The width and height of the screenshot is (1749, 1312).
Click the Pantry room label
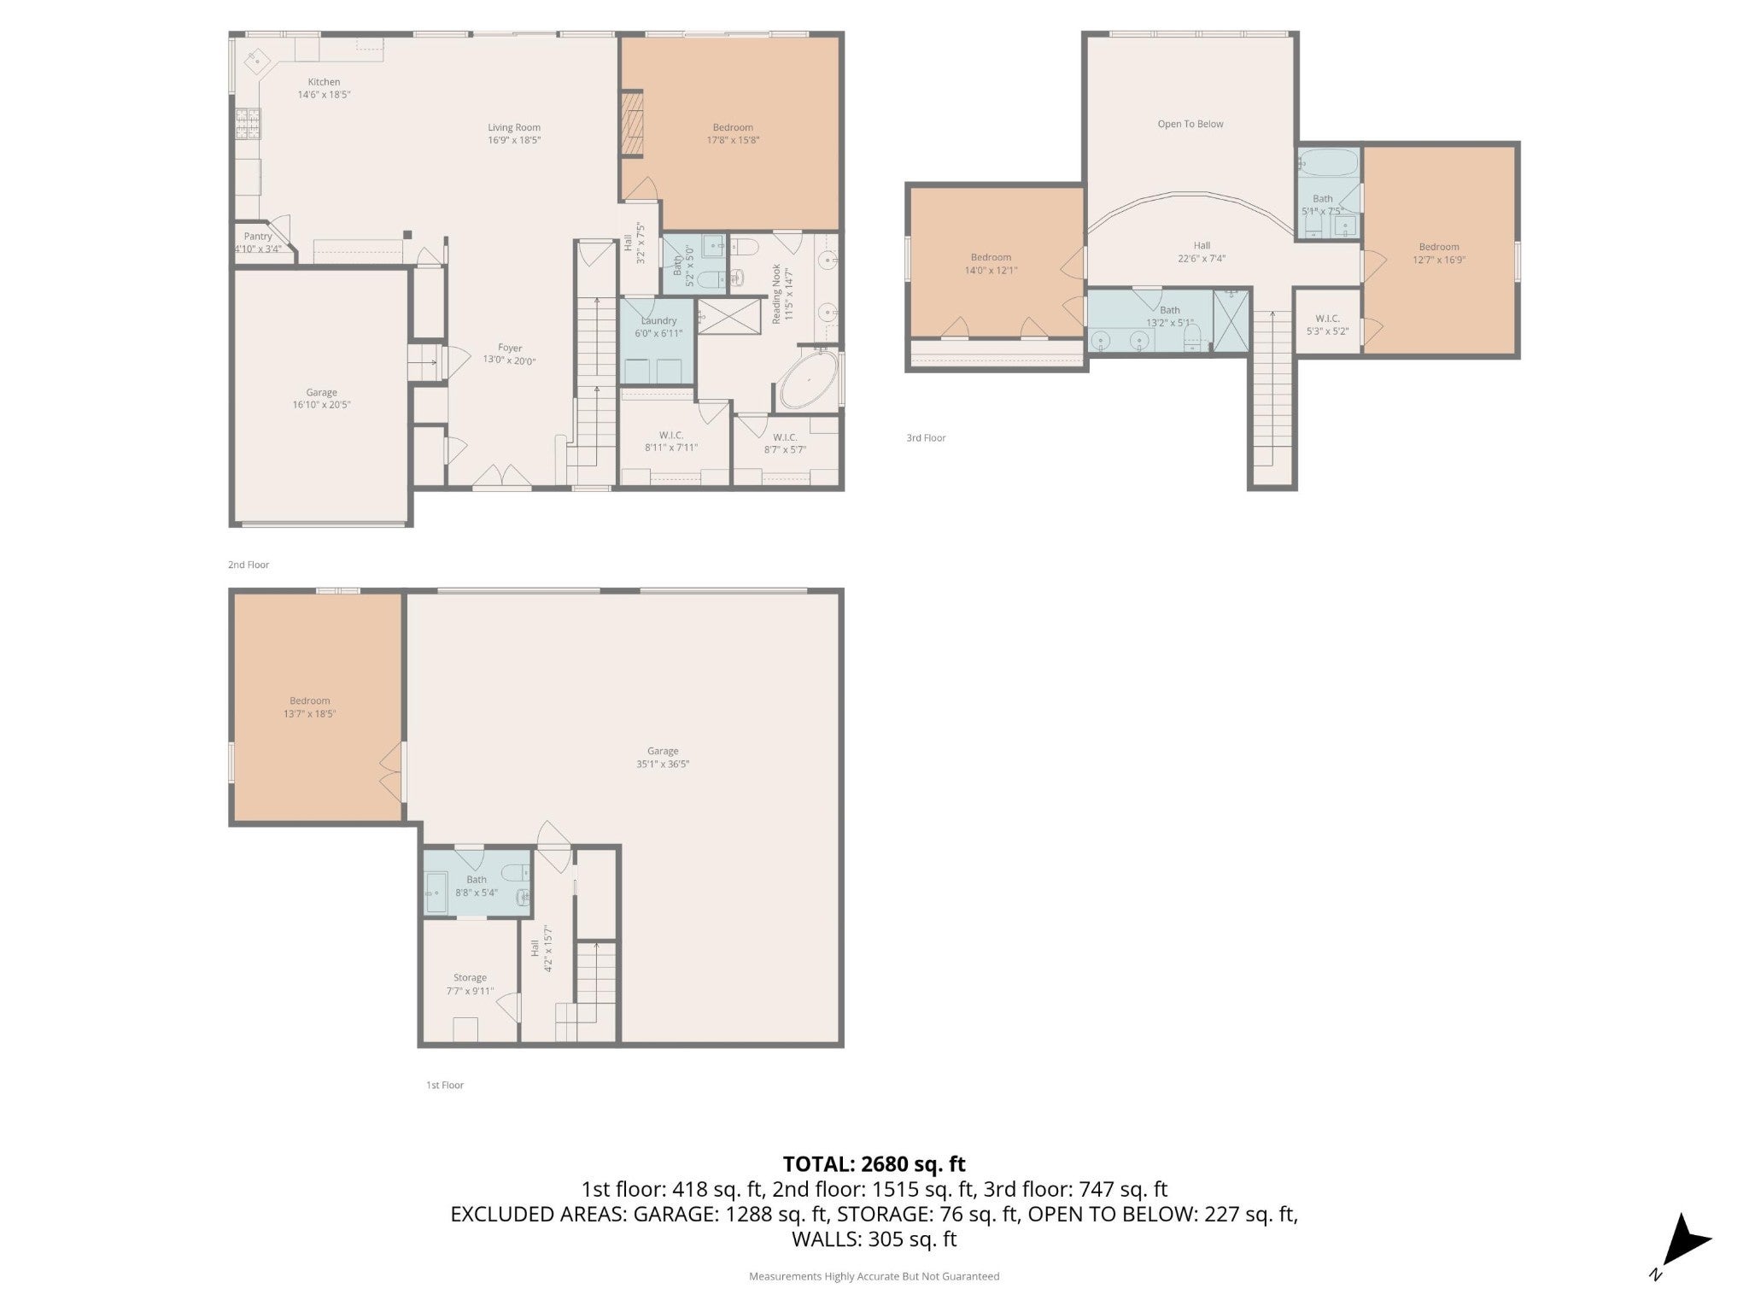(x=258, y=237)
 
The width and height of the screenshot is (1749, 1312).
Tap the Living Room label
(x=514, y=127)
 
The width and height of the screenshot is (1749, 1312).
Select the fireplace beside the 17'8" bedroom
(x=632, y=125)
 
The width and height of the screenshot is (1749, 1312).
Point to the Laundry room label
(x=658, y=320)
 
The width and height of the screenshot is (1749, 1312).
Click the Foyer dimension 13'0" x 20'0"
(x=510, y=360)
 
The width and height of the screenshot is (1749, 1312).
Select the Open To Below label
(x=1190, y=124)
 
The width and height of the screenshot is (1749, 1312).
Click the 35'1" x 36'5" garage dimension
(x=663, y=764)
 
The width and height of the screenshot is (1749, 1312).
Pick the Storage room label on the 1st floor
(x=470, y=978)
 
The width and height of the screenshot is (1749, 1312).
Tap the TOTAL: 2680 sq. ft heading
(x=874, y=1163)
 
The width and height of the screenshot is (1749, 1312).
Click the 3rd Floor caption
(x=926, y=438)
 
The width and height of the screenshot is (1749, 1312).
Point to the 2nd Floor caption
(x=249, y=565)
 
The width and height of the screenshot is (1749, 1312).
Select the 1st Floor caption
(x=445, y=1085)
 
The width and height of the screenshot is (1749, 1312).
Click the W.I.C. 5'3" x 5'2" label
(x=1327, y=325)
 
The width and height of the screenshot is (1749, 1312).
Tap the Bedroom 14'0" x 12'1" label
(x=991, y=263)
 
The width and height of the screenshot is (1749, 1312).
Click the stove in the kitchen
(x=247, y=125)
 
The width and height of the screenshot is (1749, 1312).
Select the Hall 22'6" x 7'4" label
(x=1202, y=252)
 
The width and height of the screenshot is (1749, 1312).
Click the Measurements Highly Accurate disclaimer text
(x=874, y=1276)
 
